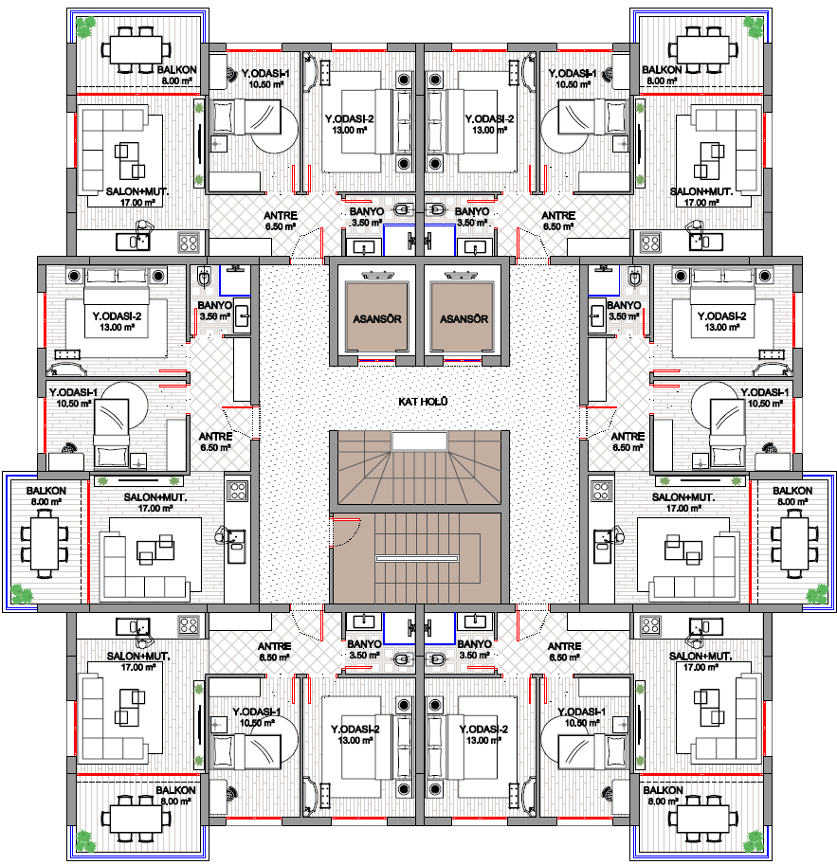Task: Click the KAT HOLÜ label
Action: coord(423,402)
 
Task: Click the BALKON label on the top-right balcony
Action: coord(662,70)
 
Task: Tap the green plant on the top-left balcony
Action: coord(85,27)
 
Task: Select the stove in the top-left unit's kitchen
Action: coord(189,243)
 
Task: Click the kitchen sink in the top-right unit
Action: coord(706,242)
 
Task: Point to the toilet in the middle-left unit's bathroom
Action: coord(203,277)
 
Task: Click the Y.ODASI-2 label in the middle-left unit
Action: coord(117,316)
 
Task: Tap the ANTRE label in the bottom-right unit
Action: coord(564,646)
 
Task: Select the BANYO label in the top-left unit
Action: coord(367,212)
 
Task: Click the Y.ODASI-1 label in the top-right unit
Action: coord(572,73)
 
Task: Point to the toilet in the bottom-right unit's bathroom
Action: coord(436,658)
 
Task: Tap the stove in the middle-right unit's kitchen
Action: coord(601,491)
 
